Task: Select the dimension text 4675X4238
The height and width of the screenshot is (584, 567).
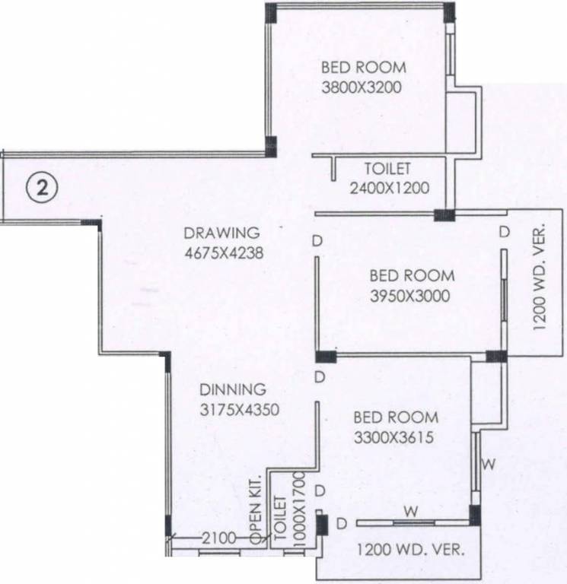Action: pos(224,255)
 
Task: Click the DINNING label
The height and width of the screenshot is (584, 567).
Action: pos(233,389)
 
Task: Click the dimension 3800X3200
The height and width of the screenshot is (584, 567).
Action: pos(362,87)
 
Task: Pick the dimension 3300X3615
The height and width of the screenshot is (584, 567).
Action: pos(395,438)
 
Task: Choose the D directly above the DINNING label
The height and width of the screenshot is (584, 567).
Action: pos(320,377)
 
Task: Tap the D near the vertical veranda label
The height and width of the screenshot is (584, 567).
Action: pos(503,231)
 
